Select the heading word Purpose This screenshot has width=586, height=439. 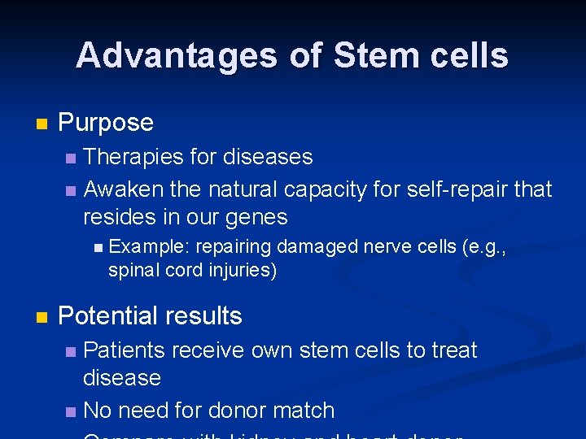pyautogui.click(x=106, y=123)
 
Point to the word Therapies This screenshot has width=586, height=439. pyautogui.click(x=134, y=157)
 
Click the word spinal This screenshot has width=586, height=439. pyautogui.click(x=133, y=270)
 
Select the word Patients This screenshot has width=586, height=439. pyautogui.click(x=124, y=350)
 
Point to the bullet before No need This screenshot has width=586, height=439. pyautogui.click(x=71, y=411)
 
